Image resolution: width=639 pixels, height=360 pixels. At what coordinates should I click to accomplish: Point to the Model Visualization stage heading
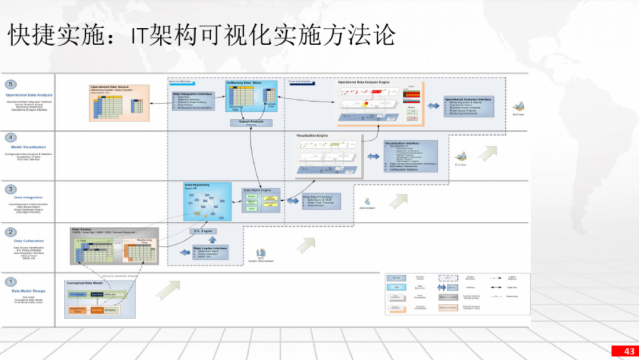[29, 147]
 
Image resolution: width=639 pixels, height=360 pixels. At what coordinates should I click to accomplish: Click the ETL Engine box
[203, 231]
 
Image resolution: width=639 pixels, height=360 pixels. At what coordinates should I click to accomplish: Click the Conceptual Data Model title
[86, 284]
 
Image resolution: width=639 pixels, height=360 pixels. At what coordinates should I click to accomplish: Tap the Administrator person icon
[367, 202]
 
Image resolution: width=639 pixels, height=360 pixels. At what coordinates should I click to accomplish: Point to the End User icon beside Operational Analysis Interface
[518, 107]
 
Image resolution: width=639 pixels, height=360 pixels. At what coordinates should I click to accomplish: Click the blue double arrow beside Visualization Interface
[373, 156]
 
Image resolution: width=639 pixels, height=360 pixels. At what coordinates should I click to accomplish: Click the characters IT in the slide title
[140, 36]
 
